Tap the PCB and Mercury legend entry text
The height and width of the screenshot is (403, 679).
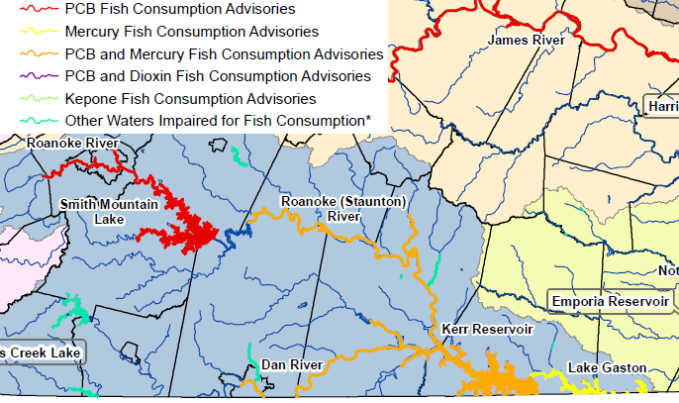[224, 54]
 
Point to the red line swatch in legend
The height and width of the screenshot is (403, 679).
[38, 9]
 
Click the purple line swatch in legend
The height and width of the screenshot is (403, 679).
[38, 76]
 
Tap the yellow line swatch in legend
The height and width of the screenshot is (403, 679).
[38, 32]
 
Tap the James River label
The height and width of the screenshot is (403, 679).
[527, 41]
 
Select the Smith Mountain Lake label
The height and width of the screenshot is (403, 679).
[105, 211]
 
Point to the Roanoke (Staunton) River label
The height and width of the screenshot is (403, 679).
[342, 209]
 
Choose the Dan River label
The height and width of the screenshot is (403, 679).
[291, 365]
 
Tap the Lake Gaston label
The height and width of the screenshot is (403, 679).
[607, 368]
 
